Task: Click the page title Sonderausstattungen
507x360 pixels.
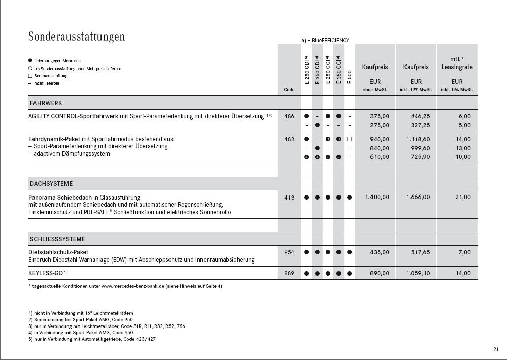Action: point(77,37)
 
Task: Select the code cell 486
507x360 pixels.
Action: point(289,116)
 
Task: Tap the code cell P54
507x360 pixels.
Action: point(289,252)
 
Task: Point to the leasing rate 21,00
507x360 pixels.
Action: point(463,197)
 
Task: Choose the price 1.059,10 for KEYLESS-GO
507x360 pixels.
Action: point(418,273)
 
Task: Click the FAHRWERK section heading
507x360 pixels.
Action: point(46,103)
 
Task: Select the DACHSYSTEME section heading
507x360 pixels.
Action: point(51,184)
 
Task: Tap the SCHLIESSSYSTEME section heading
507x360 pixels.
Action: point(57,239)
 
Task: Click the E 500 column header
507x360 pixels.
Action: point(349,77)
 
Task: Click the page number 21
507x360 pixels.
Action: point(495,349)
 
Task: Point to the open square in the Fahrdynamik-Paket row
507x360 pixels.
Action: point(349,139)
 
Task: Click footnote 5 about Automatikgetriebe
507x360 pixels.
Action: point(92,339)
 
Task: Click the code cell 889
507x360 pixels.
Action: point(289,273)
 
